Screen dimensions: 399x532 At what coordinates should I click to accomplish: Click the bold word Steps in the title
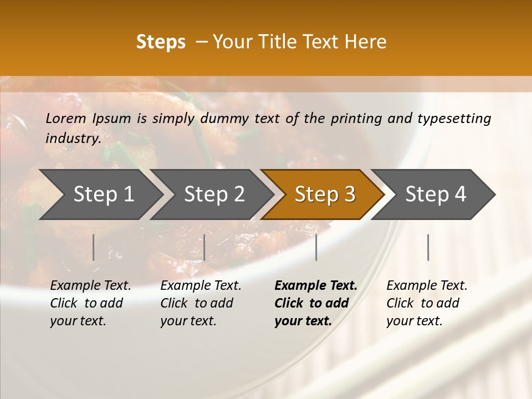[x=161, y=42]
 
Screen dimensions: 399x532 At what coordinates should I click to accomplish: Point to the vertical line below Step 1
[x=94, y=247]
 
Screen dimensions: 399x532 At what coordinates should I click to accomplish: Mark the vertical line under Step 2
[x=204, y=247]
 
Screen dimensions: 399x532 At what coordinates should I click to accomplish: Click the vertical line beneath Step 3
[x=316, y=247]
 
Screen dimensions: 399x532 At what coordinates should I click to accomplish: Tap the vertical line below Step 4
[x=428, y=247]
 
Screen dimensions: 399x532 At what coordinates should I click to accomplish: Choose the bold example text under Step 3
[x=315, y=303]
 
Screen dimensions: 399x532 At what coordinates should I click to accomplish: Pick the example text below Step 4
[x=427, y=303]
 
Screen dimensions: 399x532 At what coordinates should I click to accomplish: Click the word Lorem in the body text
[x=66, y=119]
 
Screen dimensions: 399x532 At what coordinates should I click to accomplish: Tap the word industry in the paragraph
[x=73, y=139]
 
